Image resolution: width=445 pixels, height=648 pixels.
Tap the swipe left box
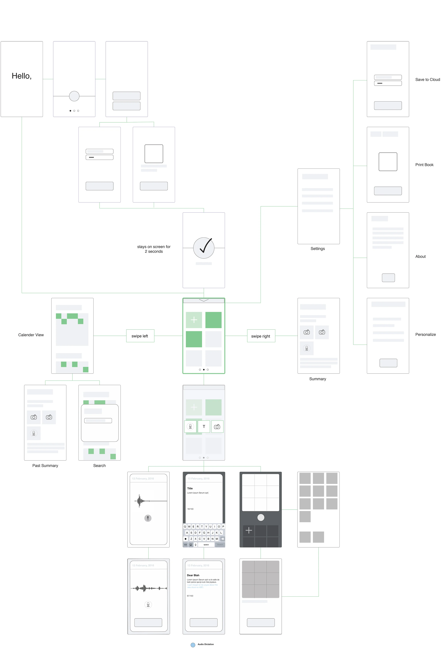(140, 336)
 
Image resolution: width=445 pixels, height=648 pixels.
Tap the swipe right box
(261, 336)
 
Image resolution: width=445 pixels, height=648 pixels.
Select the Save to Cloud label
(427, 79)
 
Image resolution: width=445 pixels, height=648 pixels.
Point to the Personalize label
(425, 335)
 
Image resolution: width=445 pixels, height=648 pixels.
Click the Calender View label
(31, 335)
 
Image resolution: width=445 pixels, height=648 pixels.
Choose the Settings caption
(318, 248)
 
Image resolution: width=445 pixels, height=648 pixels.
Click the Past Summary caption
(45, 466)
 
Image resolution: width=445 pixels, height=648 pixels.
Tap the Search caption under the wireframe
(99, 466)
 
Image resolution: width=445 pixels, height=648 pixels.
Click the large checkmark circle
(204, 248)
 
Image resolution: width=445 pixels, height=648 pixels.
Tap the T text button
(204, 427)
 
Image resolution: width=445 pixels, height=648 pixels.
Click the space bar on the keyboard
(206, 545)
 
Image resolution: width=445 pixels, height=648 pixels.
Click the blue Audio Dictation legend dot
(193, 645)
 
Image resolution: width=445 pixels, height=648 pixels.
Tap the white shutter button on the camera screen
(261, 517)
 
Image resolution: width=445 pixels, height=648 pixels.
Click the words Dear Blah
(193, 575)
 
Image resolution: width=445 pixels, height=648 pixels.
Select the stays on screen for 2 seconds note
(154, 249)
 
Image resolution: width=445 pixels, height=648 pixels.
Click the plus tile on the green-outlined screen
(194, 320)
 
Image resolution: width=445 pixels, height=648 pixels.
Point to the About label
(420, 256)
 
